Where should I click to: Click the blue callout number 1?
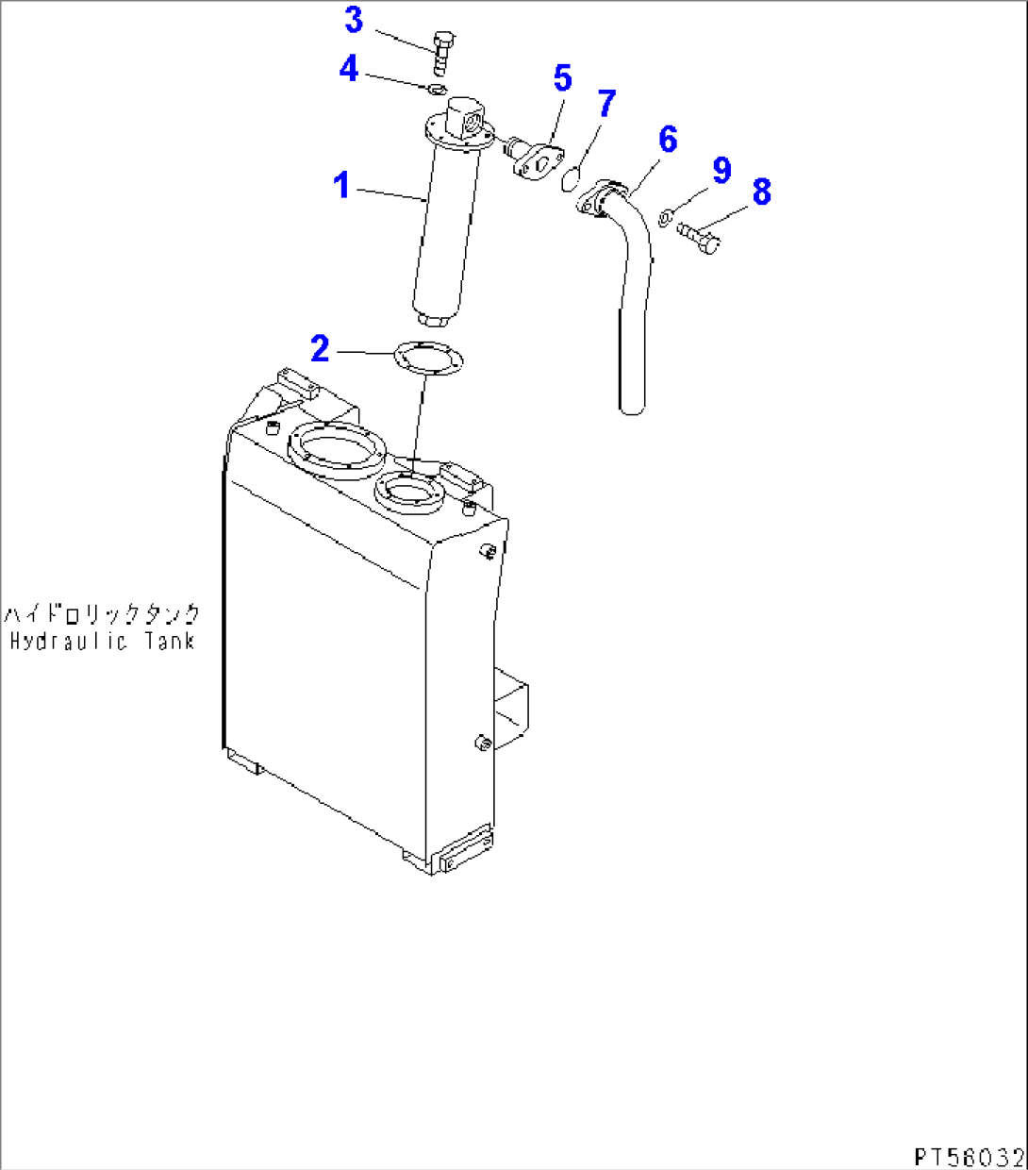pyautogui.click(x=341, y=185)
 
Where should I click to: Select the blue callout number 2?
pyautogui.click(x=321, y=349)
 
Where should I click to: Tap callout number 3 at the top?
pyautogui.click(x=354, y=20)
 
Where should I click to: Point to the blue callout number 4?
pyautogui.click(x=349, y=68)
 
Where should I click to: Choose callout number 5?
pyautogui.click(x=562, y=78)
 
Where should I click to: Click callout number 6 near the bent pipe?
pyautogui.click(x=668, y=140)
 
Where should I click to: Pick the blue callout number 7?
pyautogui.click(x=606, y=104)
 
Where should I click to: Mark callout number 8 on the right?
pyautogui.click(x=761, y=192)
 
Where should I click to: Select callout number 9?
pyautogui.click(x=721, y=171)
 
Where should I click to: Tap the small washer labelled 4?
pyautogui.click(x=437, y=90)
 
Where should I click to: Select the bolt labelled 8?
pyautogui.click(x=700, y=237)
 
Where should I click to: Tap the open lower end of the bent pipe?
pyautogui.click(x=632, y=408)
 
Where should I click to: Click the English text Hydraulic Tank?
pyautogui.click(x=102, y=642)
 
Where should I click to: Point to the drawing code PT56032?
pyautogui.click(x=968, y=1156)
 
